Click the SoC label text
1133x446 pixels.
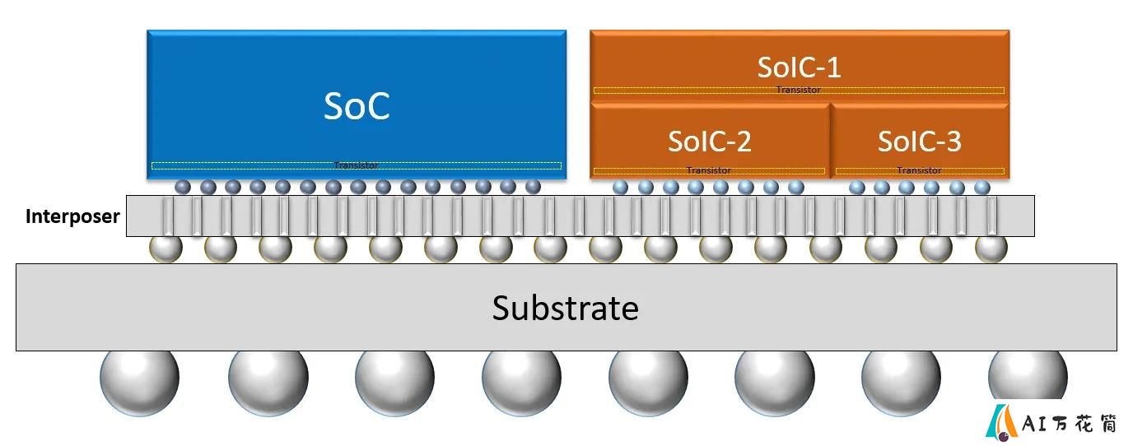click(x=357, y=106)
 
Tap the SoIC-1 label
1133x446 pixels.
click(x=800, y=67)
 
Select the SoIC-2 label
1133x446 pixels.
click(x=710, y=141)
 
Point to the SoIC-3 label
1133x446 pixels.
click(x=920, y=141)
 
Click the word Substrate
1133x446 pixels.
click(x=566, y=308)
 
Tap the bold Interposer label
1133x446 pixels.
click(x=72, y=216)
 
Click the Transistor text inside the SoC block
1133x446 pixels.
click(x=356, y=165)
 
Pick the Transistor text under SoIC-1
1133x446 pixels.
click(x=799, y=90)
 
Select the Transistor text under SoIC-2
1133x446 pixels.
click(x=709, y=170)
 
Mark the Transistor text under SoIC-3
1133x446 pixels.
click(x=919, y=170)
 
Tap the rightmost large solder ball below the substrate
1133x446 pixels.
click(x=1028, y=375)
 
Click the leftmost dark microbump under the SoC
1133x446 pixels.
click(x=183, y=187)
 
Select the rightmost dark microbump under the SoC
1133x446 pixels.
click(x=533, y=187)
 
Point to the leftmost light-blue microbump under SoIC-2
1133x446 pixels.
click(x=621, y=188)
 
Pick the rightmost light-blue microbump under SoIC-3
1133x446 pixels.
click(x=982, y=188)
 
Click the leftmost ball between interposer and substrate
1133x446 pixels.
click(x=166, y=249)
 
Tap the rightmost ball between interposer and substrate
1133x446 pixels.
click(x=991, y=249)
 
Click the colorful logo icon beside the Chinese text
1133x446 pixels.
click(x=1001, y=422)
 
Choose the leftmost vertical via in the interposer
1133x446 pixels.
click(x=167, y=216)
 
